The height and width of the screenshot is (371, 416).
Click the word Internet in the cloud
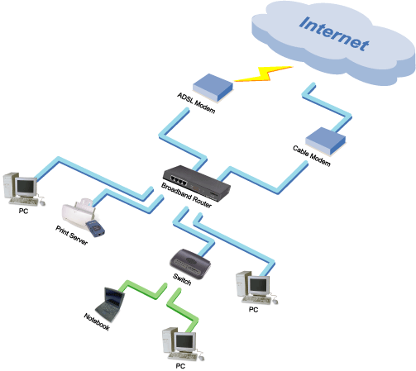(334, 34)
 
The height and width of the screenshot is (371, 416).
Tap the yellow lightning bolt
(264, 74)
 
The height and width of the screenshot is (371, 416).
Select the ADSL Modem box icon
(213, 88)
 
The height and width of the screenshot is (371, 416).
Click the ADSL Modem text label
(196, 103)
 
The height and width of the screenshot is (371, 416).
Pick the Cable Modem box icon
(326, 141)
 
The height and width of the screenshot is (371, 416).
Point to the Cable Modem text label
(312, 156)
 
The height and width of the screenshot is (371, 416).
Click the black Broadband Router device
(197, 183)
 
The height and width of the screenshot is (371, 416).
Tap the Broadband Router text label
(186, 195)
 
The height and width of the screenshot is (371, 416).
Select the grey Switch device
(190, 263)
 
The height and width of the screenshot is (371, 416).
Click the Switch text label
(182, 279)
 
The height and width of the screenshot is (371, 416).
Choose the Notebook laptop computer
(110, 304)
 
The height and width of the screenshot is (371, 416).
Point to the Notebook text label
(97, 321)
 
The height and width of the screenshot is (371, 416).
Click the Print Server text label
(72, 235)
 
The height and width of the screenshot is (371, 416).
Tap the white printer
(79, 213)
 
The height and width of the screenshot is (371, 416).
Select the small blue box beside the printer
(95, 228)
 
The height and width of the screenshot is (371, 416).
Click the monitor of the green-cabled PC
(184, 342)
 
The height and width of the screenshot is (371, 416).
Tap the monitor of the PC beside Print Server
(26, 188)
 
